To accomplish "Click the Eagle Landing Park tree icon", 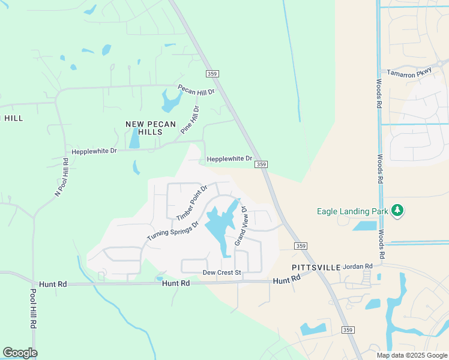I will (x=396, y=210).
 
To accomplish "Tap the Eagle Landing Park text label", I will (x=352, y=211).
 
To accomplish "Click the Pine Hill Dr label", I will (x=189, y=119).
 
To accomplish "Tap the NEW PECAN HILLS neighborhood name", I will (x=150, y=127).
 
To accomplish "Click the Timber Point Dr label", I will (x=191, y=202).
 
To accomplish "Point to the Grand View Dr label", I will (x=241, y=226).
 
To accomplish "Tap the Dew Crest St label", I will (x=221, y=272).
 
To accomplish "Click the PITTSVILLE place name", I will (x=316, y=266).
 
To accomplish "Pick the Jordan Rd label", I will (x=358, y=266).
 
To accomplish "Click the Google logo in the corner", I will (x=20, y=353).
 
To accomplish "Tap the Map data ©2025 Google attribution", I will (x=412, y=355).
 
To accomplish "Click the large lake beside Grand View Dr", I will (x=220, y=225).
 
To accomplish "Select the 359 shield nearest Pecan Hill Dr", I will (x=212, y=73).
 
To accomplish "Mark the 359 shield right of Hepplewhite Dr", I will (x=261, y=164).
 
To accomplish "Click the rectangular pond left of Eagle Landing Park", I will (x=364, y=226).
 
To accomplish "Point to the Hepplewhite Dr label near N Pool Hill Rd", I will (x=94, y=151).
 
